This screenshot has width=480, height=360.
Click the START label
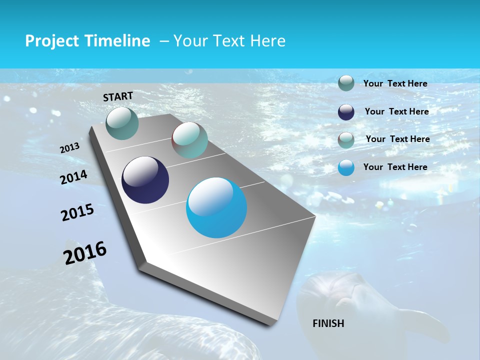[x=118, y=96]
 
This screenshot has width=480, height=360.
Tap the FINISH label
[x=328, y=323]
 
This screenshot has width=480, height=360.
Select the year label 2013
[x=70, y=147]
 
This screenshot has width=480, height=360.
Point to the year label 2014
[x=74, y=177]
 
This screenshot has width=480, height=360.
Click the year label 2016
[x=85, y=252]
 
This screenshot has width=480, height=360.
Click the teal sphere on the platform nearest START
[x=122, y=123]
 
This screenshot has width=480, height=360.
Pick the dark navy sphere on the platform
[x=145, y=180]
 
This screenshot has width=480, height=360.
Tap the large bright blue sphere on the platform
[x=216, y=207]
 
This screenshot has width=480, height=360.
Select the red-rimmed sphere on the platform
[x=189, y=140]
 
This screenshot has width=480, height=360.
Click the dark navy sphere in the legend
[x=346, y=112]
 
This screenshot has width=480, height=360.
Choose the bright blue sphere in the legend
[x=346, y=167]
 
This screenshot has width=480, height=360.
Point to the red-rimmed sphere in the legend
[x=346, y=139]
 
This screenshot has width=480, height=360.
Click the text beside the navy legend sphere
[x=396, y=111]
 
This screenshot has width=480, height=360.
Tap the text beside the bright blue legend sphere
[x=395, y=167]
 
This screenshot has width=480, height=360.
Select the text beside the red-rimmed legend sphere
[x=397, y=139]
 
